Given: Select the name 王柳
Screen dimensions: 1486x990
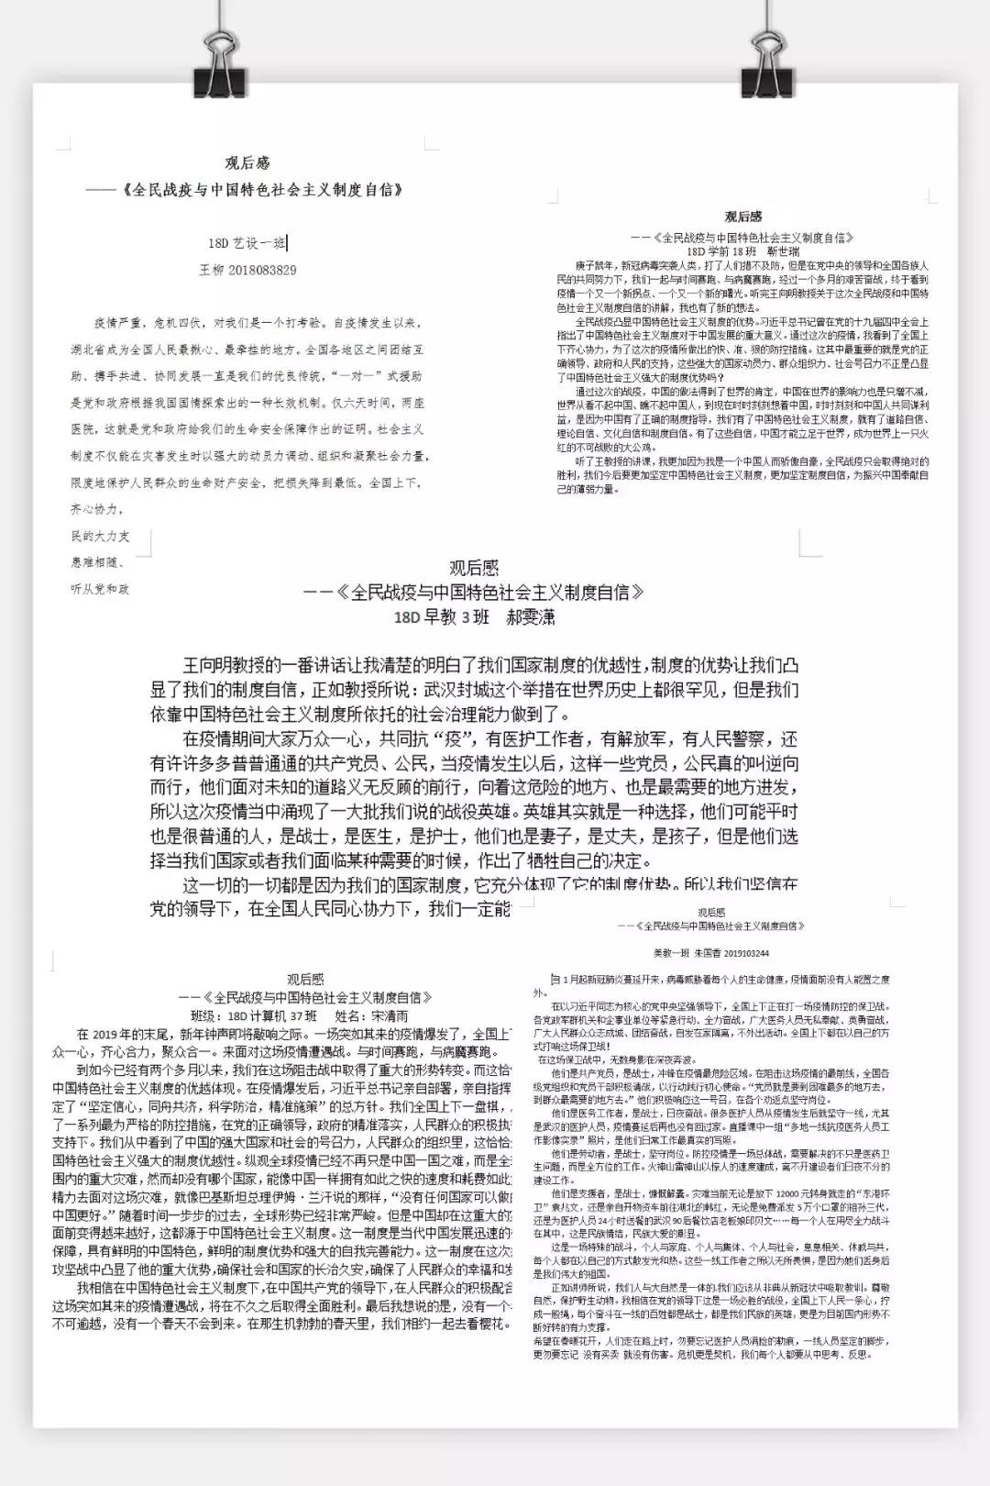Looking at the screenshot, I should pyautogui.click(x=212, y=270).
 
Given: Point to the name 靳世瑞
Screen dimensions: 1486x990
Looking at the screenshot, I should pyautogui.click(x=784, y=250).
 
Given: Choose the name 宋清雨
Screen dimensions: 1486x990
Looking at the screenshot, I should pyautogui.click(x=390, y=1016).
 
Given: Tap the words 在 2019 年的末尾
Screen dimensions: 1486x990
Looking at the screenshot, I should pyautogui.click(x=122, y=1034).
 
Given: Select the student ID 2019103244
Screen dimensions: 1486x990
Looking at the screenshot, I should pyautogui.click(x=743, y=953).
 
